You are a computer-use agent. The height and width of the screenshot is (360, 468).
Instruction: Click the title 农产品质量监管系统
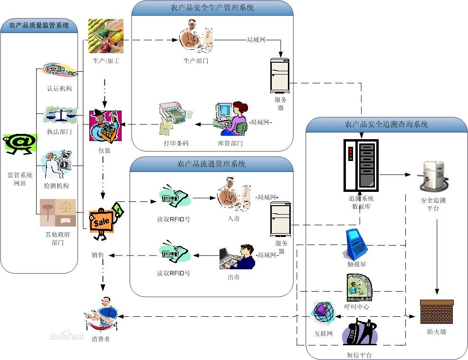[x=39, y=26]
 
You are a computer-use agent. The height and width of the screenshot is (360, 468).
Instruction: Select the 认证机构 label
[x=59, y=88]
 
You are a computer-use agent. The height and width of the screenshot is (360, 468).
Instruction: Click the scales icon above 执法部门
[x=60, y=115]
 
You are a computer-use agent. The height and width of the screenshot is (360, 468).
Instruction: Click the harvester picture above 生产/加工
[x=105, y=36]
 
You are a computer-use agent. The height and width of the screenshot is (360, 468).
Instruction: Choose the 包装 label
[x=104, y=151]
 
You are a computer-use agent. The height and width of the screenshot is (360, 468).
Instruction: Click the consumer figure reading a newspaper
[x=102, y=314]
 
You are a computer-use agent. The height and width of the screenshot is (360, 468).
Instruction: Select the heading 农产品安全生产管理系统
[x=212, y=8]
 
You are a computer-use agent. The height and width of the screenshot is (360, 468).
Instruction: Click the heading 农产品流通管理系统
[x=211, y=164]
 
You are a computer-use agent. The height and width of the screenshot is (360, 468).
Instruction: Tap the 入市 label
[x=234, y=218]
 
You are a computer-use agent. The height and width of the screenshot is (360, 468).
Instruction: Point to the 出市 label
[x=233, y=276]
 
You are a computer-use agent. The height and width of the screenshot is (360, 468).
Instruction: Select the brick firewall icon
[x=437, y=312]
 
